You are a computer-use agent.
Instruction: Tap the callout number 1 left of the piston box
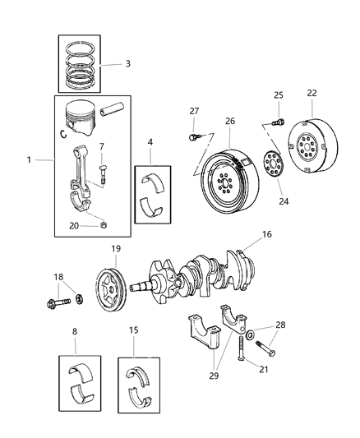point(30,159)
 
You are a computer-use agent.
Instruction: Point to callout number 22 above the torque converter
point(311,92)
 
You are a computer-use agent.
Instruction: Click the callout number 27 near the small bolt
point(194,110)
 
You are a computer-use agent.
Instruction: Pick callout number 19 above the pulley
point(117,248)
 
